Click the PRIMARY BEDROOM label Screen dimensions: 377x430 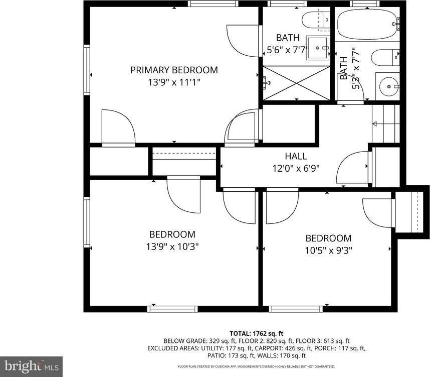pos(174,70)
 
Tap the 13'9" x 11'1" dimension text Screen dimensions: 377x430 pos(174,82)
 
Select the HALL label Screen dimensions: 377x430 pos(296,156)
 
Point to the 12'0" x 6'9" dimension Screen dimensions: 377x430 pos(296,168)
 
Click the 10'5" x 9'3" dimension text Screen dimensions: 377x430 pos(328,250)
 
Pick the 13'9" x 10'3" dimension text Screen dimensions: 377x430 pos(172,246)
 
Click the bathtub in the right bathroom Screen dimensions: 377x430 pos(367,24)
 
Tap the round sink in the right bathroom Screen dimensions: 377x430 pos(389,86)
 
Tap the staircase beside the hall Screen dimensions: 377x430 pos(386,123)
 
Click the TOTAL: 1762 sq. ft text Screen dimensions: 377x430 pos(256,333)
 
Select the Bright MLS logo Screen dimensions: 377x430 pos(31,366)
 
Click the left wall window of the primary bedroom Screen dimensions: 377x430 pos(87,74)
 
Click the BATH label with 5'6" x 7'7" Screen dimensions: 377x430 pos(288,38)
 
